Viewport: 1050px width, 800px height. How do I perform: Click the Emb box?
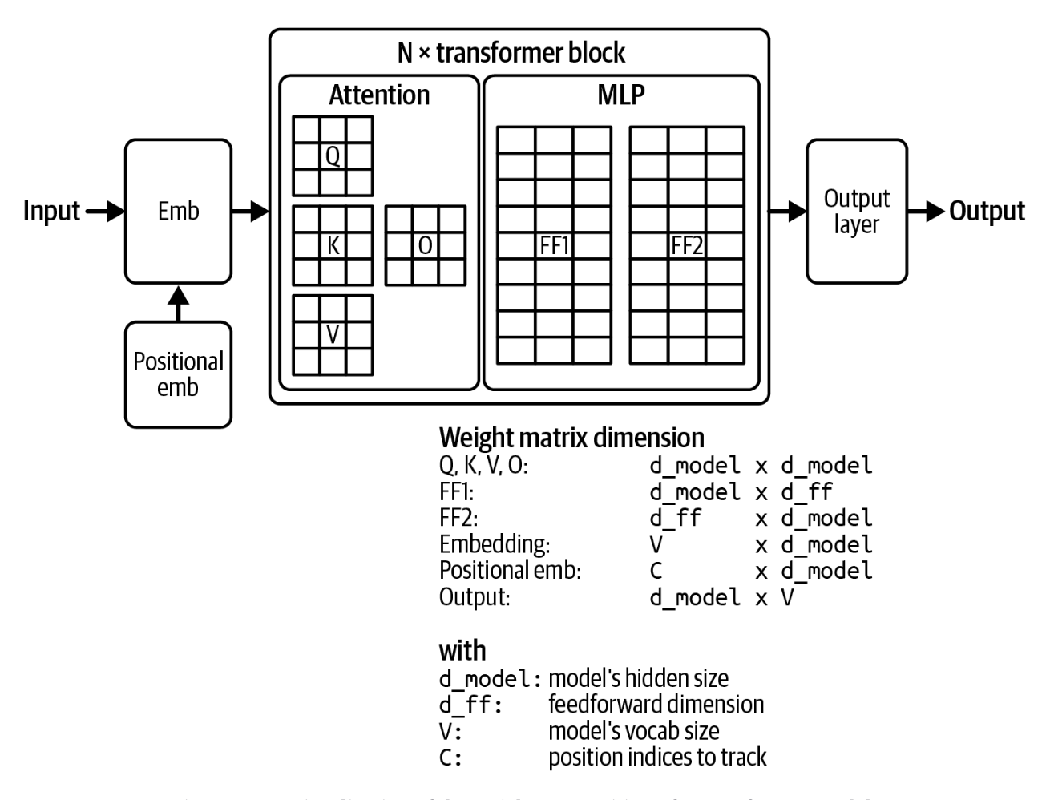pos(178,212)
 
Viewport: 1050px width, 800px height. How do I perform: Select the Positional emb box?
pos(178,374)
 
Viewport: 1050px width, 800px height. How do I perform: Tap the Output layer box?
pos(856,212)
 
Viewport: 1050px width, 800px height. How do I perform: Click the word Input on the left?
pos(51,212)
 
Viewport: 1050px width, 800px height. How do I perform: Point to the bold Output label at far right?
pos(987,212)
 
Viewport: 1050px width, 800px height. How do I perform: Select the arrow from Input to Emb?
pos(105,212)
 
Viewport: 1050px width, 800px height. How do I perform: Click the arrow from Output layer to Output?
pos(927,212)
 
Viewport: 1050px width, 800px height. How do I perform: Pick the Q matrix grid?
pos(333,156)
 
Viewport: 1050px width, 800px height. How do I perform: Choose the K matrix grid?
pos(333,245)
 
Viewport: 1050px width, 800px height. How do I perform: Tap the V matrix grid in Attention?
pos(333,334)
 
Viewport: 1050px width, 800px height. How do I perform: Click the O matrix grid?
pos(425,245)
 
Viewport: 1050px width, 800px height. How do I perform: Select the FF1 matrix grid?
pos(554,245)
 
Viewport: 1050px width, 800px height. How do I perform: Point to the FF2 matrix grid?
pos(687,245)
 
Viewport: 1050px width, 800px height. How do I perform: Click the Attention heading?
pos(379,95)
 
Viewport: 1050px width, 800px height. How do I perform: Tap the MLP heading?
pos(620,95)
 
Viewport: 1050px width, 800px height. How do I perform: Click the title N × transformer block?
pos(511,53)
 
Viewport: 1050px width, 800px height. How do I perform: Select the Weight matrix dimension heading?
pos(571,438)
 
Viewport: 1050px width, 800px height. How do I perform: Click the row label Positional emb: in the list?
pos(510,571)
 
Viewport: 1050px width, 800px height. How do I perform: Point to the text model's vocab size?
pos(633,731)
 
